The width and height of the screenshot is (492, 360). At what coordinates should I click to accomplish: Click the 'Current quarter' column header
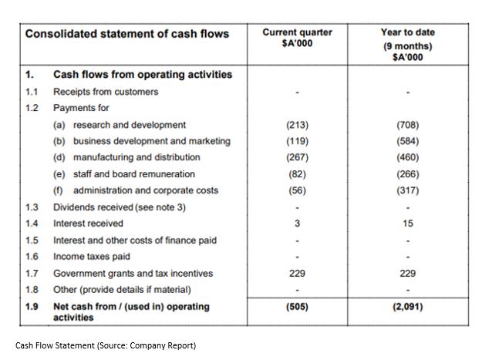(297, 32)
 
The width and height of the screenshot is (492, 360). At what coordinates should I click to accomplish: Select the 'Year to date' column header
(408, 32)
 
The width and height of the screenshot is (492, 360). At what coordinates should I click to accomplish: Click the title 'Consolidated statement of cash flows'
(127, 34)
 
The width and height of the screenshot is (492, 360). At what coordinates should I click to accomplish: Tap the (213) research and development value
(297, 125)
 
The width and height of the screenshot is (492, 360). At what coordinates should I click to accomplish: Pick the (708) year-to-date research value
(408, 125)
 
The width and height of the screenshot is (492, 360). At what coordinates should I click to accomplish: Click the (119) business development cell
(297, 141)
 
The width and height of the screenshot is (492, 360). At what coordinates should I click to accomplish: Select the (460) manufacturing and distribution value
(408, 157)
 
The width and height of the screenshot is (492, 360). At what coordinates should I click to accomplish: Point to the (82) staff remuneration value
(297, 174)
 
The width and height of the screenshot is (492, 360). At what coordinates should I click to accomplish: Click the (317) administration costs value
(408, 190)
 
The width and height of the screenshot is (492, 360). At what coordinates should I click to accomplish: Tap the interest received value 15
(408, 224)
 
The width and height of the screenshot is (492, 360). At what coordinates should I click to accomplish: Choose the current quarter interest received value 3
(297, 224)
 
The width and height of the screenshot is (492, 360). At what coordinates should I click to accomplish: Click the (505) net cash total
(297, 306)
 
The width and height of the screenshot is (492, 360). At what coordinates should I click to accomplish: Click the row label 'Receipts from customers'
(106, 92)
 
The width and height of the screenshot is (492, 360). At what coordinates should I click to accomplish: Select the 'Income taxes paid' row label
(92, 257)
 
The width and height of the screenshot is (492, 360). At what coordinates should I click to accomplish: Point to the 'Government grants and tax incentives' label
(133, 274)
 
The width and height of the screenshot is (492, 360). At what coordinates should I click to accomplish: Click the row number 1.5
(32, 241)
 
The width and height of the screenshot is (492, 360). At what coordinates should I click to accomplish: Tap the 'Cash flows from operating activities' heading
(143, 75)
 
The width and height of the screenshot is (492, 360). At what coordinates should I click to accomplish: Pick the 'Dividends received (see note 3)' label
(120, 207)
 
